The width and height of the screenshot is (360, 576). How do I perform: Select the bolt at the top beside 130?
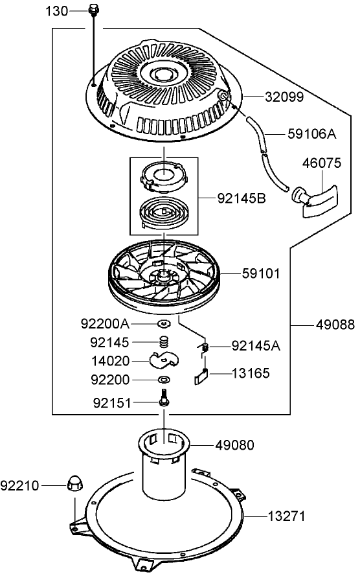(x=95, y=11)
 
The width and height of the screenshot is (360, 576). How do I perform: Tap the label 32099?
(x=284, y=97)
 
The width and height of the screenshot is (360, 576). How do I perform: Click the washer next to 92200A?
(x=163, y=323)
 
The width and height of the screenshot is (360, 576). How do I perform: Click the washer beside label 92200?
(x=163, y=379)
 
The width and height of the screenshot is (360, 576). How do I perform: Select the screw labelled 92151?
(x=163, y=399)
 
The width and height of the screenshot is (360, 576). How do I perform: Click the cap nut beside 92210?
(x=74, y=484)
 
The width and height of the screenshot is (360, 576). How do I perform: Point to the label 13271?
(x=286, y=516)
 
